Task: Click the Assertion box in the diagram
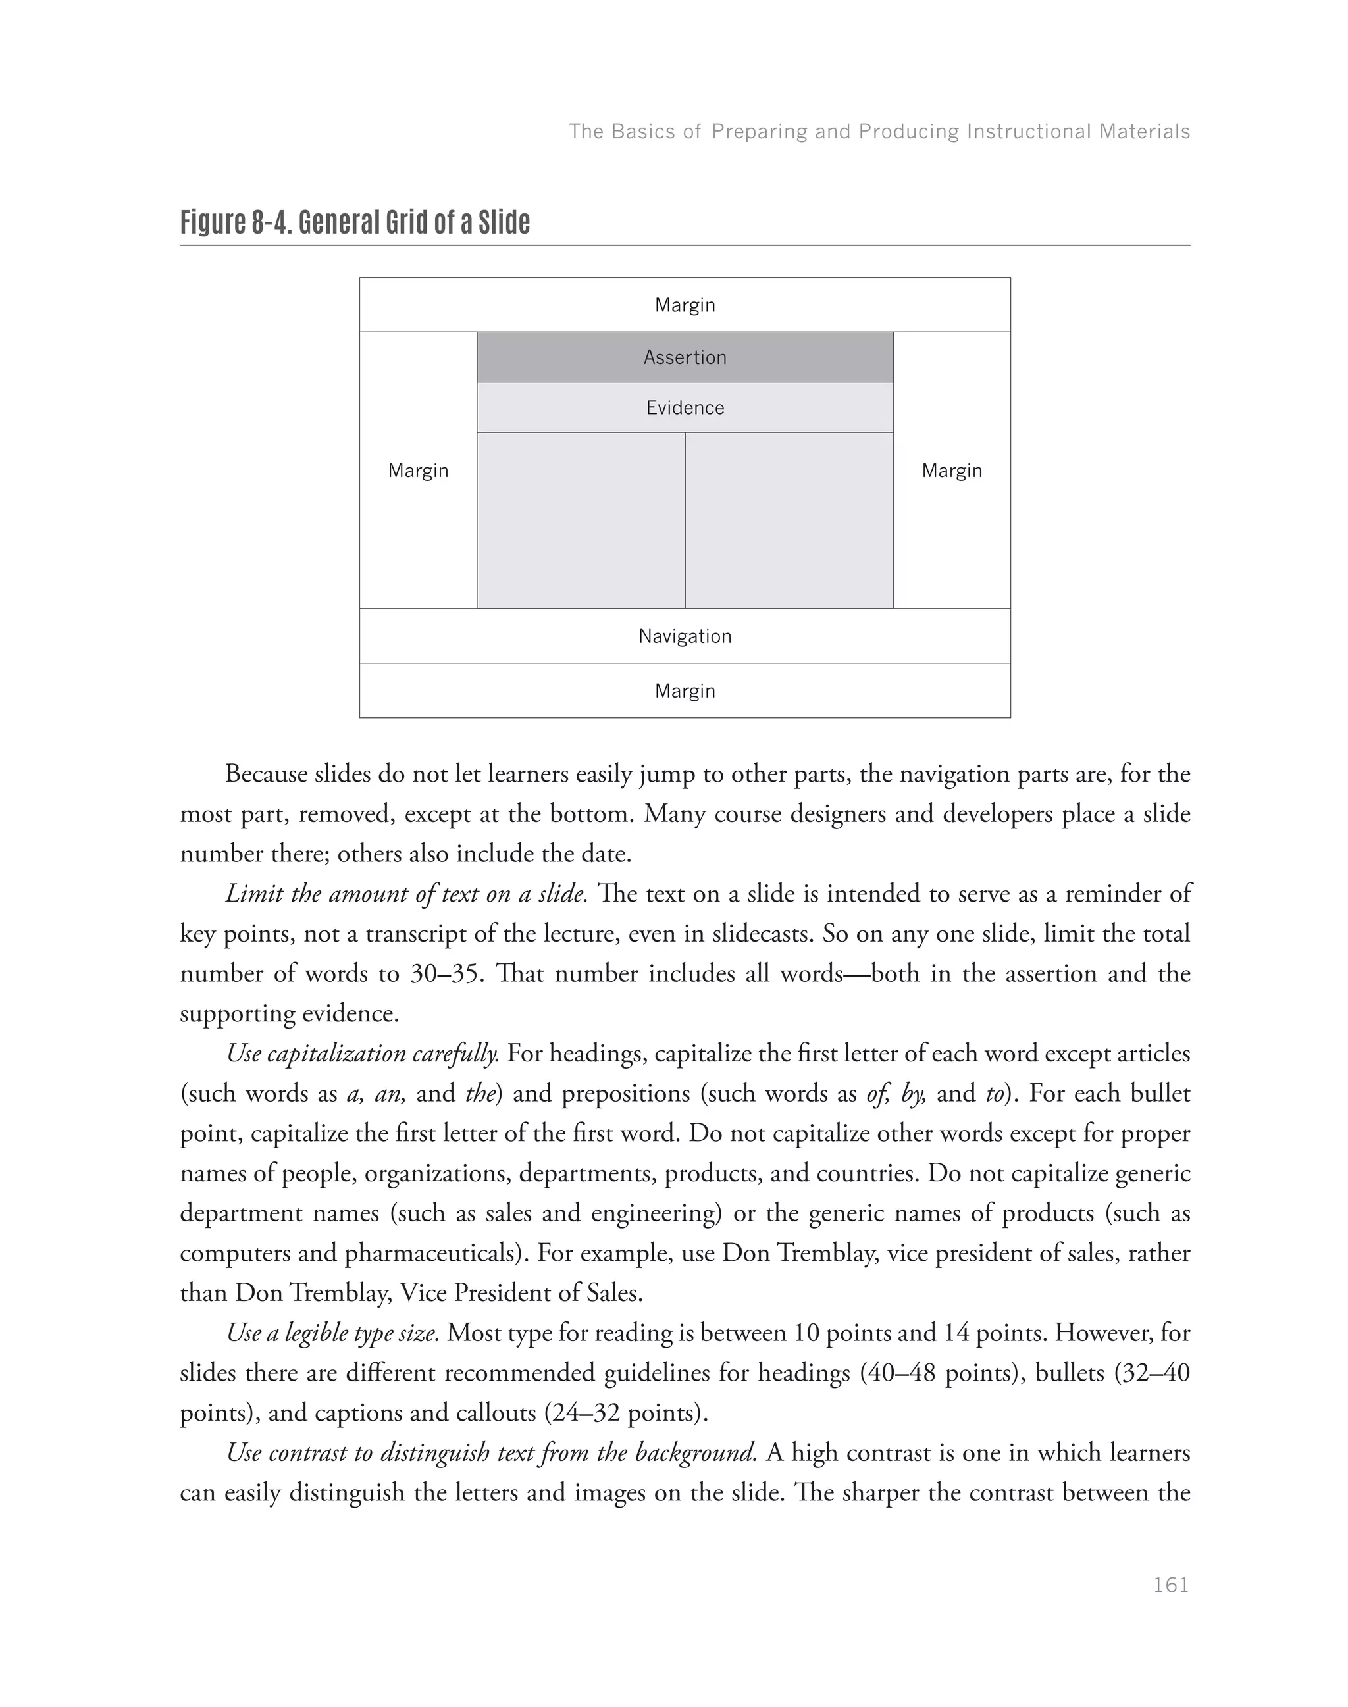click(x=685, y=357)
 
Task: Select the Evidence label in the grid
click(x=685, y=408)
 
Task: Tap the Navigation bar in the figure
click(x=685, y=636)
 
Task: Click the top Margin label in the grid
click(x=685, y=305)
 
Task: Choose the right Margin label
click(x=951, y=471)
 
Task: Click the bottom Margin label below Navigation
click(x=685, y=692)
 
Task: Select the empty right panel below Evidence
click(x=789, y=521)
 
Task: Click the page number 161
click(x=1170, y=1585)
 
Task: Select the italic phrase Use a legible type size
click(x=332, y=1333)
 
